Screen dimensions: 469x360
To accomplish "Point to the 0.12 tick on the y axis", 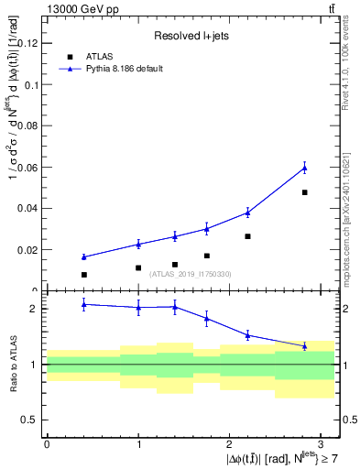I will pos(28,43).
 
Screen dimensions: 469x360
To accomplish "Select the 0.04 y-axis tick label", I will pos(28,208).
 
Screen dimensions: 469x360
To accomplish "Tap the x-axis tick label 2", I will pos(230,442).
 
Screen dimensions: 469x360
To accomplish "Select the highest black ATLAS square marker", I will pos(304,192).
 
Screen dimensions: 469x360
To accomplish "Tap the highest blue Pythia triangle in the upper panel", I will pos(304,168).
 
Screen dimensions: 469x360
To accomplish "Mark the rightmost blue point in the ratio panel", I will pos(304,345).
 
